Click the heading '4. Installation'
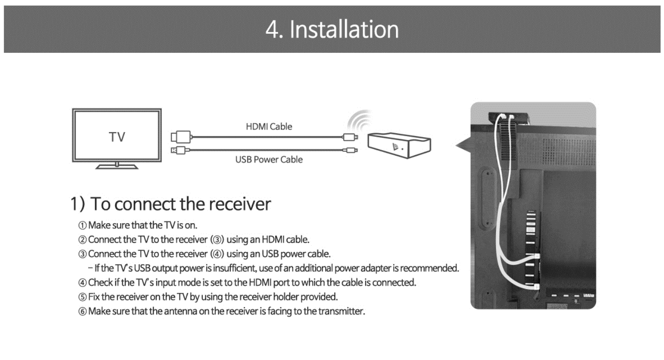pos(332,30)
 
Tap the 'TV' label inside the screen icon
pos(117,137)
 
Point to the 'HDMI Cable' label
pos(269,127)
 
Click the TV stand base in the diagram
pos(117,166)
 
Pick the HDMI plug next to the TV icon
pos(181,137)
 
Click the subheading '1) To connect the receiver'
pos(171,204)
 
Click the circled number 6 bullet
pos(83,312)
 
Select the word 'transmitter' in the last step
pos(342,312)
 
